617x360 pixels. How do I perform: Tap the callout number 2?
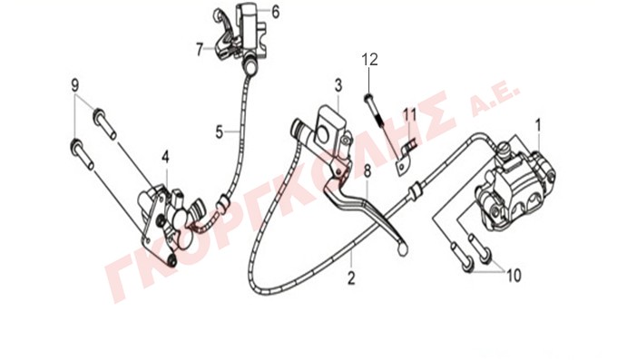351,278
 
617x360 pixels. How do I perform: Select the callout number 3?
338,85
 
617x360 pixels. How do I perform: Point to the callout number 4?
165,158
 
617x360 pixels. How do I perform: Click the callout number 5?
220,131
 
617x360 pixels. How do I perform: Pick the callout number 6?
276,12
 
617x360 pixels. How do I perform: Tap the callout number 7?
200,50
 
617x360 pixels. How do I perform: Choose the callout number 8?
367,171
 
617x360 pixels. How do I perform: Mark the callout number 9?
74,85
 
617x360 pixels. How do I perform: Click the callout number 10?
514,276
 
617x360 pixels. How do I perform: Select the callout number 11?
409,115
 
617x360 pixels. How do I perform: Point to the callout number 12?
370,60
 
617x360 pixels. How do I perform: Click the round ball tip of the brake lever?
403,248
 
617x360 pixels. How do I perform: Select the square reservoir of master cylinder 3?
328,125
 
